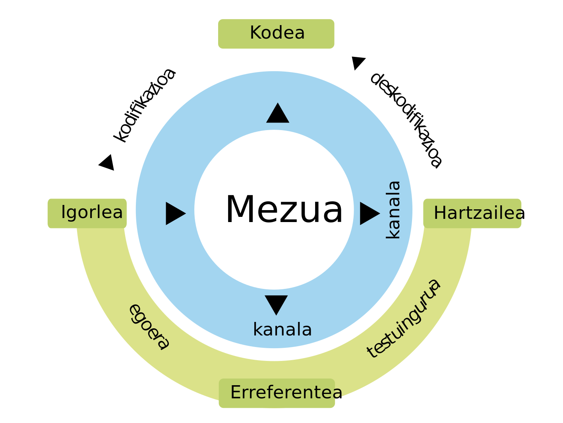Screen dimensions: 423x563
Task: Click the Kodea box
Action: coord(276,34)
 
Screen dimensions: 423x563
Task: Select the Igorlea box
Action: coord(87,213)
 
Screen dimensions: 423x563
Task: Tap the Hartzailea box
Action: coord(472,213)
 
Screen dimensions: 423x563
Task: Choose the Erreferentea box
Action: coord(277,393)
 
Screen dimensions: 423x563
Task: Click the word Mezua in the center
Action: coord(284,210)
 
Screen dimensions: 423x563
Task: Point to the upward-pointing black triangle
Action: coord(278,114)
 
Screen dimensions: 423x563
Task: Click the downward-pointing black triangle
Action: coord(276,304)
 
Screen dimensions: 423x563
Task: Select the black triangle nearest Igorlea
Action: coord(175,213)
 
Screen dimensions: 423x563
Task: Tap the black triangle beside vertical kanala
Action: coord(369,213)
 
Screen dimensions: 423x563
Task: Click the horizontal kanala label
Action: coord(282,330)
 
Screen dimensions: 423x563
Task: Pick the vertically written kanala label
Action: coord(393,210)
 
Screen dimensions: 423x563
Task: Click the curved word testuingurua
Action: coord(404,319)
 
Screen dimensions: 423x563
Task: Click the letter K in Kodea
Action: coord(255,33)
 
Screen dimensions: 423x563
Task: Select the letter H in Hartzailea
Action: coord(439,213)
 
